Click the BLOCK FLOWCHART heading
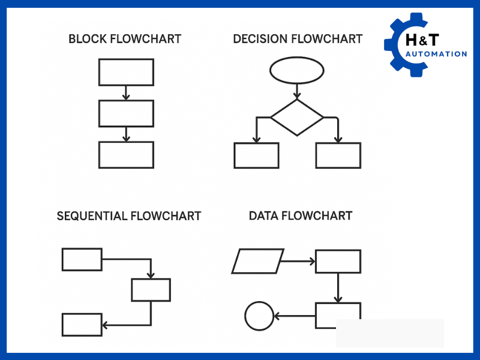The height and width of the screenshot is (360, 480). click(x=125, y=40)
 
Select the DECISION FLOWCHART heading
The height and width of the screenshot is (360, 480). click(x=298, y=40)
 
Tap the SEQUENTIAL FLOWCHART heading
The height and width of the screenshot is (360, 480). click(x=129, y=216)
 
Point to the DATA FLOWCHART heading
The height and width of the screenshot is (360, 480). click(x=301, y=215)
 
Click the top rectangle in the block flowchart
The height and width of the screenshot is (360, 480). click(x=126, y=72)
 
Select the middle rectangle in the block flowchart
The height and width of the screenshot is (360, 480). click(x=126, y=113)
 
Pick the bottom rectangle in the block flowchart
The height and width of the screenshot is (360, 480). click(x=126, y=155)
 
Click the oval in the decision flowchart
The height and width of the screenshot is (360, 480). click(x=297, y=71)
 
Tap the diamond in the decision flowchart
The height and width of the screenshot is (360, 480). click(x=297, y=117)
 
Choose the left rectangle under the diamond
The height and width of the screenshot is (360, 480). click(x=256, y=155)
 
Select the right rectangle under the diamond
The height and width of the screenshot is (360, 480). click(x=338, y=155)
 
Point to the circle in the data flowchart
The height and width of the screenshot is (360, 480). click(x=259, y=316)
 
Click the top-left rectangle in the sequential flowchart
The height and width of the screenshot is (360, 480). click(x=82, y=259)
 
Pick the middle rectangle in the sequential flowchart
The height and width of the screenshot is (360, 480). click(x=151, y=290)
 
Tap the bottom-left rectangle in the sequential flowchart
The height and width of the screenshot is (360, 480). click(x=82, y=325)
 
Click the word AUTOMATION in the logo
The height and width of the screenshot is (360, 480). click(x=436, y=54)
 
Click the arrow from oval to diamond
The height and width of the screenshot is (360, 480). click(x=297, y=91)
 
